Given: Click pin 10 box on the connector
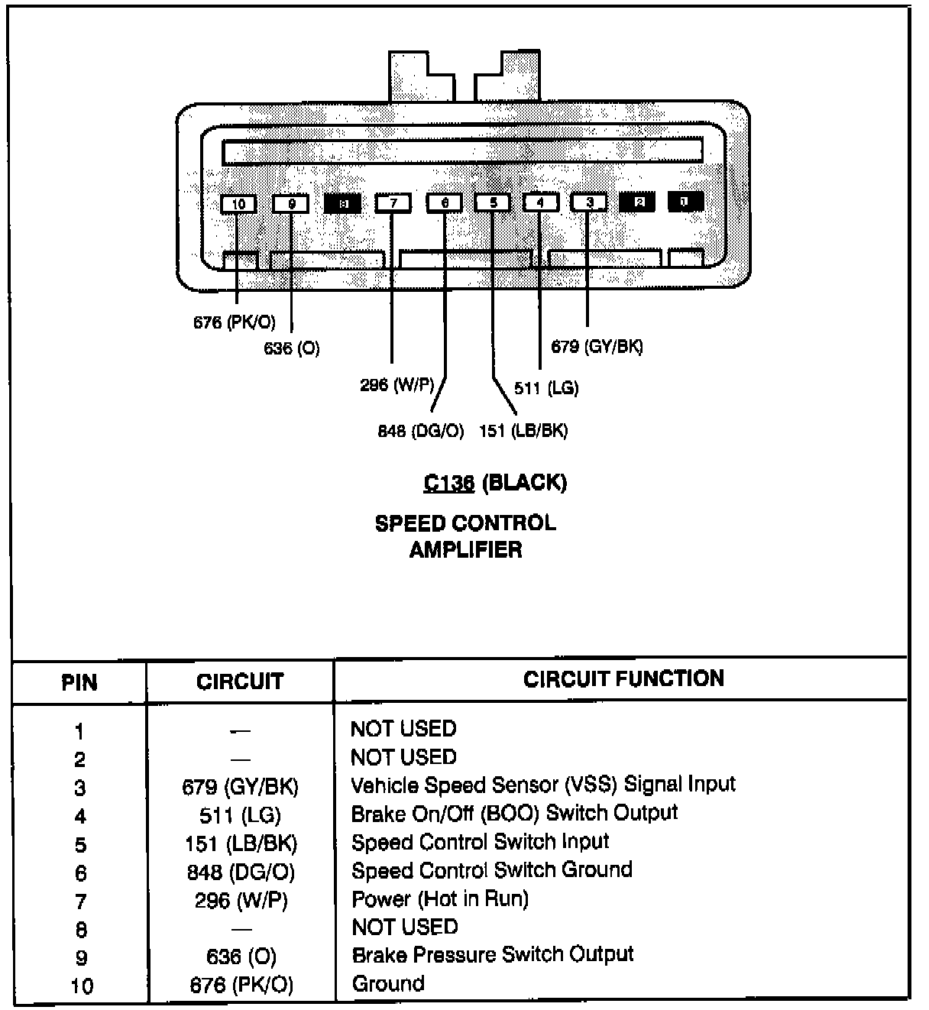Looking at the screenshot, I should point(239,204).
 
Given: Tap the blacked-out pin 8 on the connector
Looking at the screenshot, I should point(343,203).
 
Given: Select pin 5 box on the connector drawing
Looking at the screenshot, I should point(493,203).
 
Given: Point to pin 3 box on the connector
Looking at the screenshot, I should point(589,202).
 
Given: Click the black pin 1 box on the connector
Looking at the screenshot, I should point(685,201).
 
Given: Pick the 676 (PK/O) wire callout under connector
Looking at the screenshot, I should point(234,322).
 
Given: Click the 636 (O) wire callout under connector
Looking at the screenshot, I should point(292,349).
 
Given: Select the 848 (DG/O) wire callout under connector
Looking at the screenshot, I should point(421,432).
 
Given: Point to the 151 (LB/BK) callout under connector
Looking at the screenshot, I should point(523,432).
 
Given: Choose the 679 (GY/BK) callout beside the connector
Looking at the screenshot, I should point(597,347).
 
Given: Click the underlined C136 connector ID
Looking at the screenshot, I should point(449,483).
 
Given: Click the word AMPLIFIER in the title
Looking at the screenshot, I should point(465,550).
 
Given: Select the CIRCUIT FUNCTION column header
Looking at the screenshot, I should point(623,679).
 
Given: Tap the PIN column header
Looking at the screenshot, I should point(79,682).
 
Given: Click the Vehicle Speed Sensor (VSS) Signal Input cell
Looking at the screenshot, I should point(542,785).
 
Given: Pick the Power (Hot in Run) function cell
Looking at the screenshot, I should point(439,899).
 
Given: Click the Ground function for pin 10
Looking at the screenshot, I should point(388,984).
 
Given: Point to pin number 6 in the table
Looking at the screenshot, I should point(80,873).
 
